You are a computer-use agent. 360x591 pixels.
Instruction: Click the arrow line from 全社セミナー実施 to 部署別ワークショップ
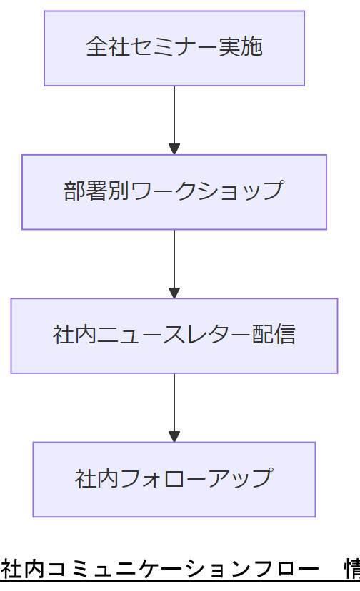coord(174,114)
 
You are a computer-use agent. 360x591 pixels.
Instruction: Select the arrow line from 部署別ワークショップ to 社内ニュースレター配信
coord(174,258)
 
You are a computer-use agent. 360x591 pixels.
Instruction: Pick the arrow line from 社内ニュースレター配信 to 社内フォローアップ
coord(174,401)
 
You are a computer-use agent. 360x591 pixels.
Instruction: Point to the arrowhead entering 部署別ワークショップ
coord(174,149)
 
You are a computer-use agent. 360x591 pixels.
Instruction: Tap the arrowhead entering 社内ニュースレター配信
coord(174,293)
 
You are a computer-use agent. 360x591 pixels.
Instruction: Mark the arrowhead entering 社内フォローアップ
coord(174,436)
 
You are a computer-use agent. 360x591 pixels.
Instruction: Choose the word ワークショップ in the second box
coord(207,191)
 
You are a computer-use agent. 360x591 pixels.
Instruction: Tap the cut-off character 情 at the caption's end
coord(352,571)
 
